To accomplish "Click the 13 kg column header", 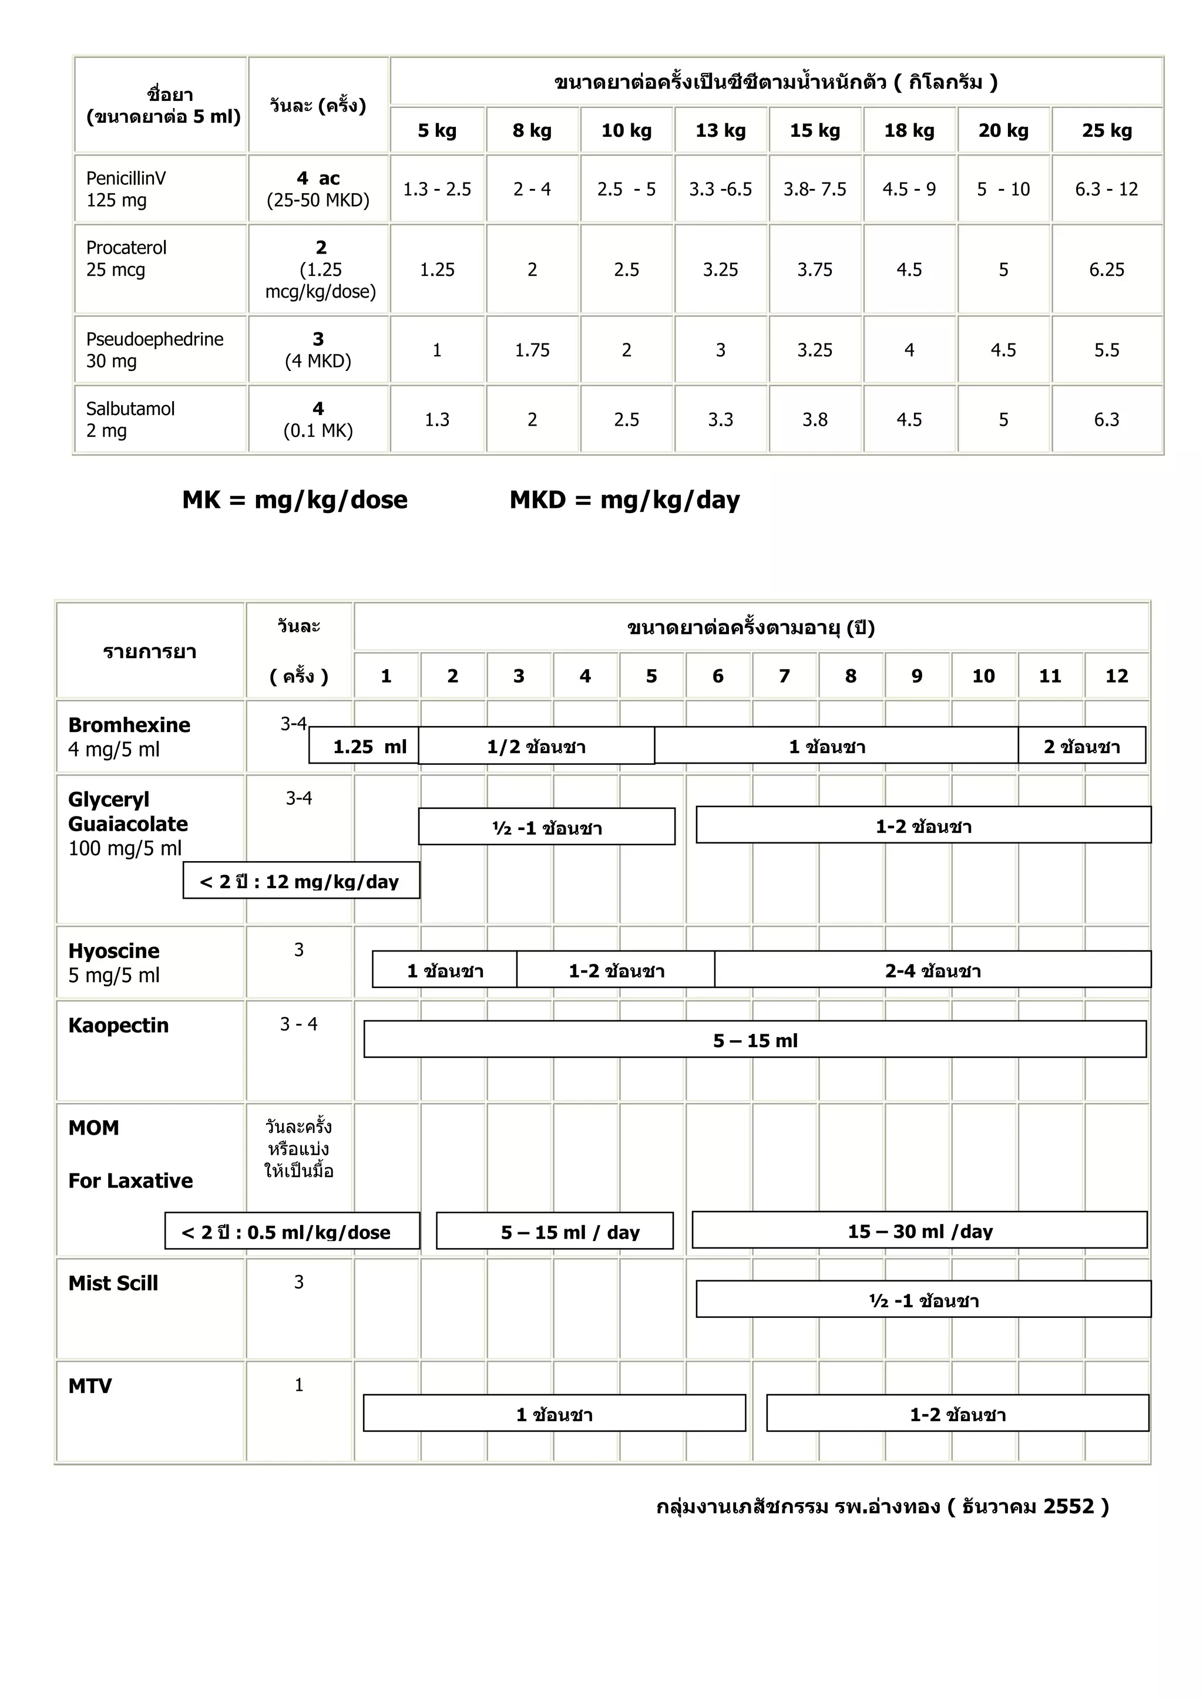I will pos(720,130).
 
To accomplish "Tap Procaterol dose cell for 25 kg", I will pos(1106,269).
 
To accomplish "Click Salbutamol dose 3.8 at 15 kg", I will pos(814,420).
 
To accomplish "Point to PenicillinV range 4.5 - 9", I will pos(908,189).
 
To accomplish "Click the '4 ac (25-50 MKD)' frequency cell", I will pos(318,189).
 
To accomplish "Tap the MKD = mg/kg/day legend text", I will pos(624,500).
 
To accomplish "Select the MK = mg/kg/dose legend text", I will pos(295,500).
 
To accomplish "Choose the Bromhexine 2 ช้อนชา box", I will pos(1081,746).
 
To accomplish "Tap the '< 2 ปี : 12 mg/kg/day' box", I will pos(301,881).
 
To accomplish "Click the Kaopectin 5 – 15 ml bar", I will pos(755,1040).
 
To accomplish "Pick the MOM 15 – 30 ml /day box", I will pos(919,1230).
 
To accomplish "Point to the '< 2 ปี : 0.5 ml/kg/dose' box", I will pos(292,1232).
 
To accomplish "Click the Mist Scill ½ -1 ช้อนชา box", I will pos(923,1300).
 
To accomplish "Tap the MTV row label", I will pos(90,1385).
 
